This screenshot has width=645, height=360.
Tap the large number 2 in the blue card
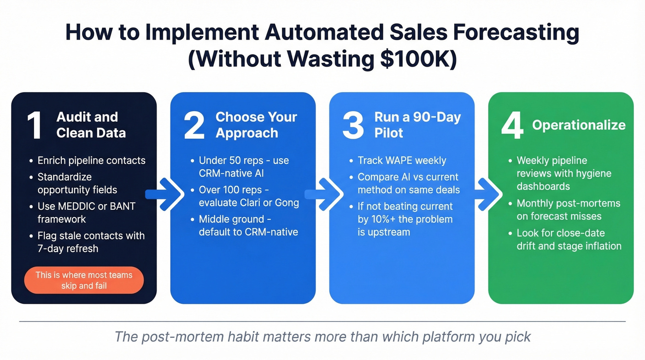click(194, 126)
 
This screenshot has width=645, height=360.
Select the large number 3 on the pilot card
click(353, 126)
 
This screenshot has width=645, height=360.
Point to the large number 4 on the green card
click(512, 126)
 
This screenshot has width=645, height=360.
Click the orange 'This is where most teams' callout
click(84, 280)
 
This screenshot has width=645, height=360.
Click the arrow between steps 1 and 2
click(164, 194)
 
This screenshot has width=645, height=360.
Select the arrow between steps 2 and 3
click(323, 194)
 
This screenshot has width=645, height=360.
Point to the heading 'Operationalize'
click(579, 125)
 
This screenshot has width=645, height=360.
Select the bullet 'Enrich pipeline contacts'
click(91, 160)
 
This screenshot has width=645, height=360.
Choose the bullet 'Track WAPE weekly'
click(402, 160)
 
